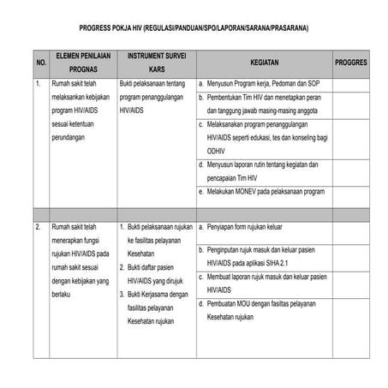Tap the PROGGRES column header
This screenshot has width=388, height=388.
351,63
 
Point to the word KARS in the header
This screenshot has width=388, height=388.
155,69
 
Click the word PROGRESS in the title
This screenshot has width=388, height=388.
107,28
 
